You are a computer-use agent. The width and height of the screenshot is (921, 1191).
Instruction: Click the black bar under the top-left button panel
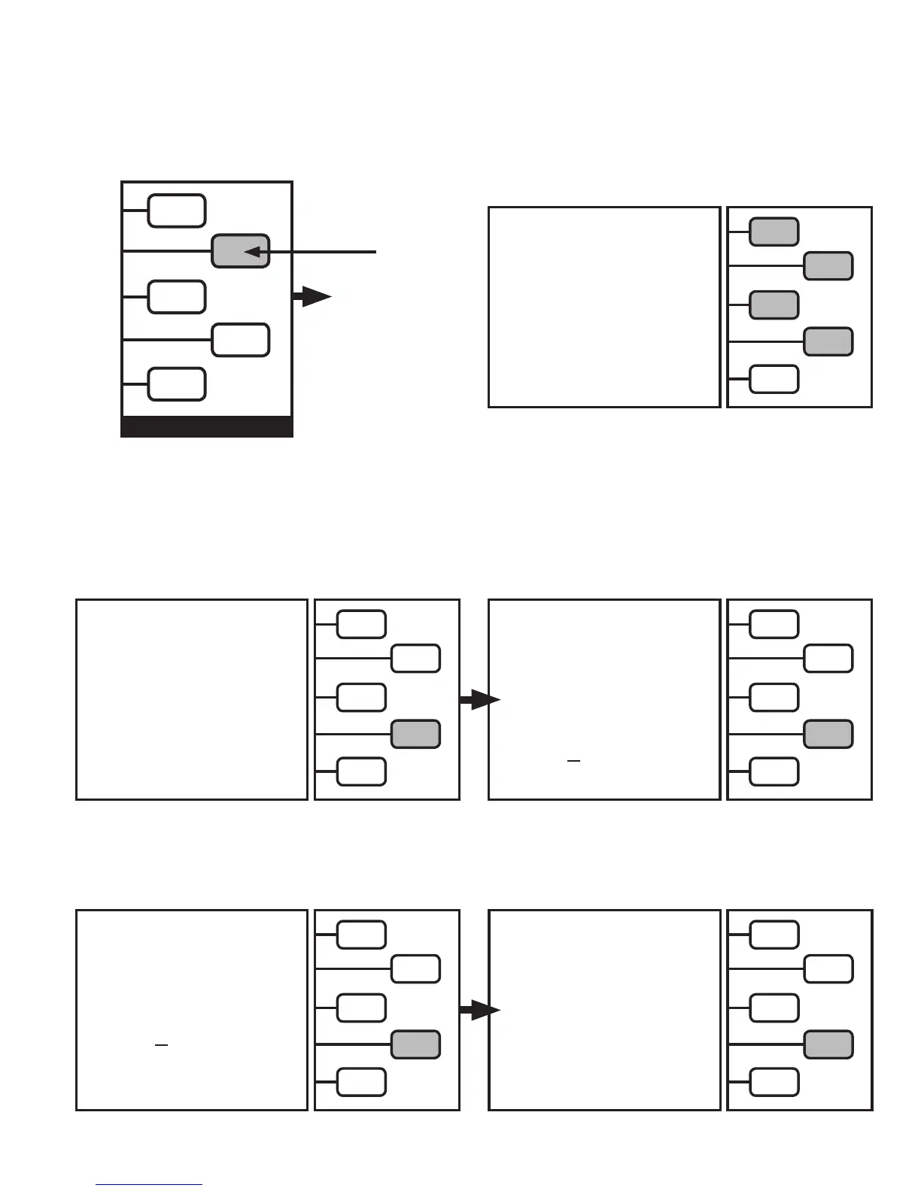207,426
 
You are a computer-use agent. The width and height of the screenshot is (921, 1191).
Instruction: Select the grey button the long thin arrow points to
240,251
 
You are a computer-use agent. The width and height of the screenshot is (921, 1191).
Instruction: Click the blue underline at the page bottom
149,1185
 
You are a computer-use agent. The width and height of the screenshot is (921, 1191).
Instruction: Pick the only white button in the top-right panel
774,379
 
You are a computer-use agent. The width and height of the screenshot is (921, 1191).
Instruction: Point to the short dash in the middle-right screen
574,762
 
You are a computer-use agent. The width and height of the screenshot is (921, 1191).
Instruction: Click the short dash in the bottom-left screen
161,1045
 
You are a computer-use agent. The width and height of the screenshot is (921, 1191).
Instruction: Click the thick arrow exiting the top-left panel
312,297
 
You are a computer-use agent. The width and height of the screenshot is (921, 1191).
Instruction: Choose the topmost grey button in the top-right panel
774,232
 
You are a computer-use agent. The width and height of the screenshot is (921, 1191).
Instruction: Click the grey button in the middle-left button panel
415,734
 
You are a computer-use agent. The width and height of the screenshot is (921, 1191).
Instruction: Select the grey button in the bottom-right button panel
828,1044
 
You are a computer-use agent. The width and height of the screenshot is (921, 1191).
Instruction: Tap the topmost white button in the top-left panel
177,211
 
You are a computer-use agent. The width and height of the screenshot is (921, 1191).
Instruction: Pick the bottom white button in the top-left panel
177,384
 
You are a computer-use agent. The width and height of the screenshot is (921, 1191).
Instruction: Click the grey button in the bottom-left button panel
415,1044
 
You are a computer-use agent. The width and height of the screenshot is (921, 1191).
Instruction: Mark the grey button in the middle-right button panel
828,734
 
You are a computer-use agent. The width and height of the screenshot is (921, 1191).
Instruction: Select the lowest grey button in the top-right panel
828,341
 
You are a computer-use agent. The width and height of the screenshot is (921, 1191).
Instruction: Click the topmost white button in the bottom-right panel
774,935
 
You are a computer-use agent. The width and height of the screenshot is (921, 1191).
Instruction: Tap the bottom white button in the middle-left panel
361,771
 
